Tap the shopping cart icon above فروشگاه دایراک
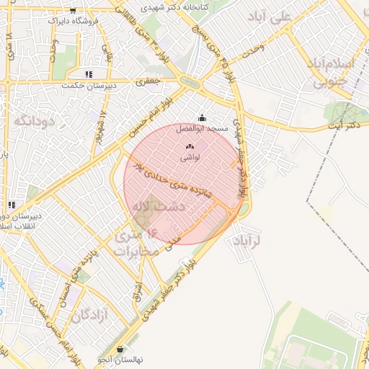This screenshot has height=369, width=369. point(73,11)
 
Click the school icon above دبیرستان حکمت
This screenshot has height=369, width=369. point(89,74)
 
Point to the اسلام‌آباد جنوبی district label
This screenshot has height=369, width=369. point(334,72)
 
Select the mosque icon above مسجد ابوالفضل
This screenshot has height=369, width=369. point(202,118)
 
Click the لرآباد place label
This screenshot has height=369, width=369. point(246,240)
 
